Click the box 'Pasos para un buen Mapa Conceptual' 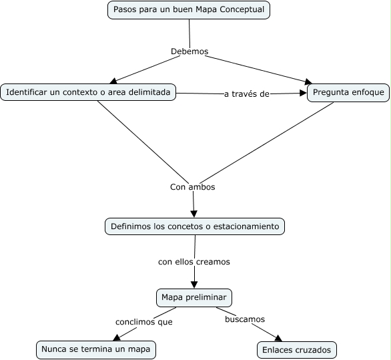(189, 10)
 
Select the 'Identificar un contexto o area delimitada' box (88, 92)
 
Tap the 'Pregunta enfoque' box (348, 92)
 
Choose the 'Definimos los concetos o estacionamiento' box (195, 226)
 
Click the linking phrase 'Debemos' (189, 51)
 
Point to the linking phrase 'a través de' (246, 94)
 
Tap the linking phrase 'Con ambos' (192, 187)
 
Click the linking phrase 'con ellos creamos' (194, 262)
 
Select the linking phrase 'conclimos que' (144, 322)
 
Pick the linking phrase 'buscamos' (245, 319)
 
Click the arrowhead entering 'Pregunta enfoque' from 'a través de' (302, 93)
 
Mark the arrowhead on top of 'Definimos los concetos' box (194, 214)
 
